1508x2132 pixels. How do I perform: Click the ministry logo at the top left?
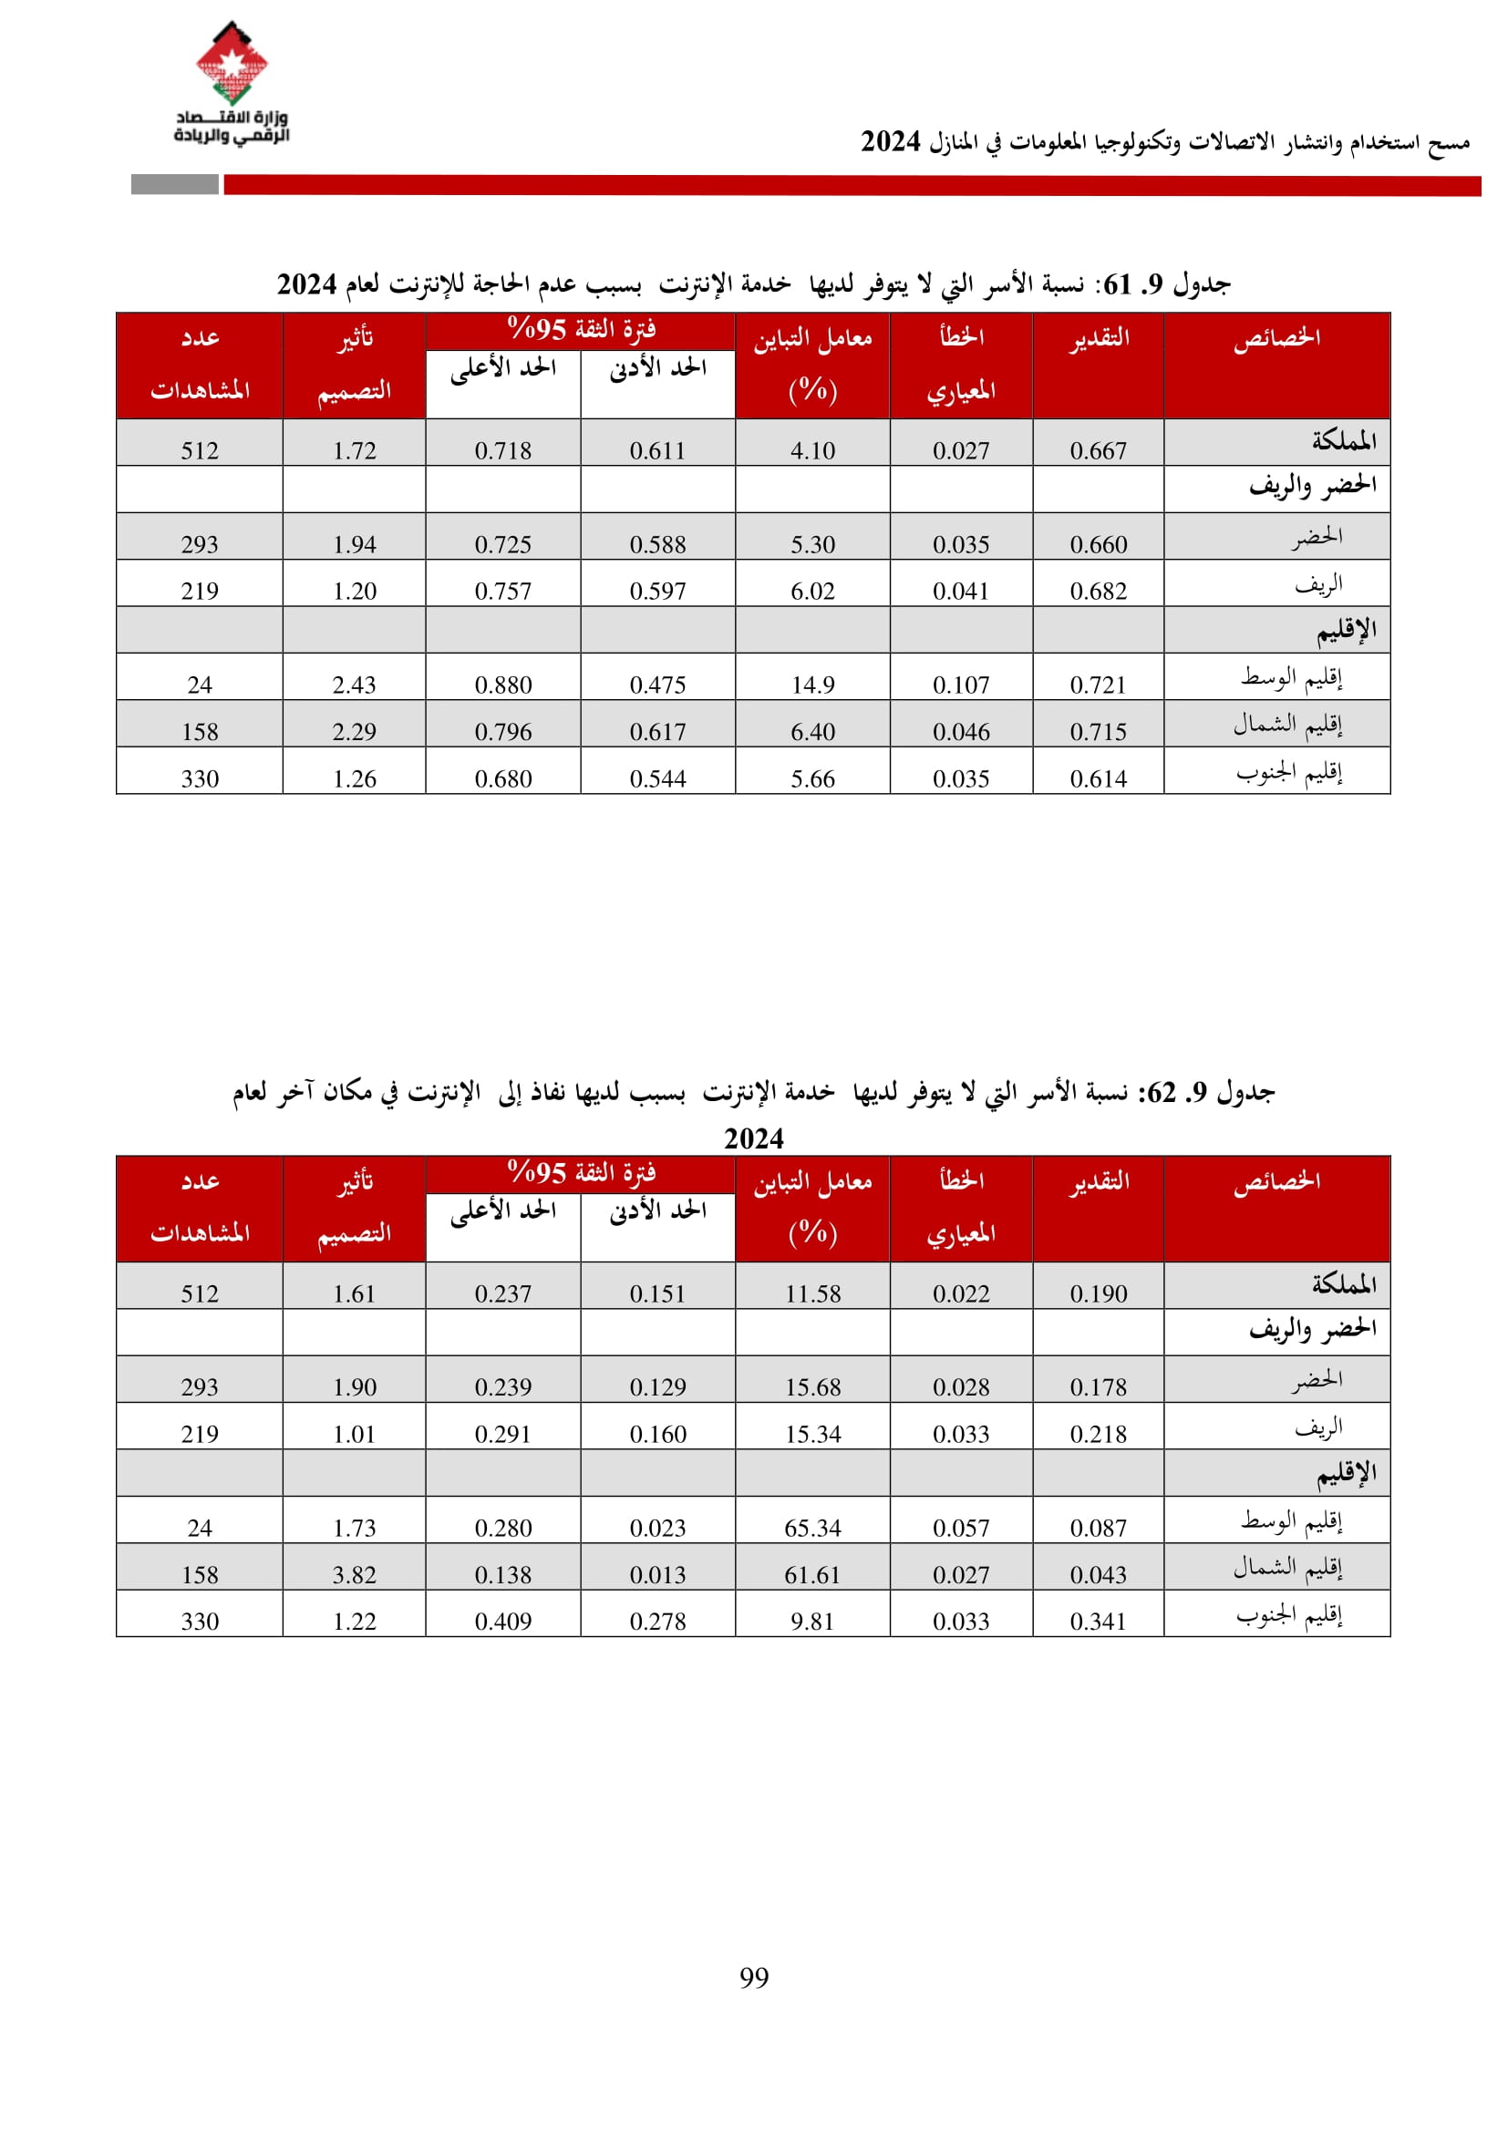click(x=232, y=84)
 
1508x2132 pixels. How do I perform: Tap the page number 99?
click(x=753, y=1977)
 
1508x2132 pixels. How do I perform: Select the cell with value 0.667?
click(x=1098, y=450)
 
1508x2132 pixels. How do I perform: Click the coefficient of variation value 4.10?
click(x=812, y=450)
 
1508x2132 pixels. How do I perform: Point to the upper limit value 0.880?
click(x=503, y=685)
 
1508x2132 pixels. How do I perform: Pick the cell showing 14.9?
click(x=812, y=685)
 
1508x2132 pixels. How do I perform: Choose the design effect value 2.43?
click(x=354, y=685)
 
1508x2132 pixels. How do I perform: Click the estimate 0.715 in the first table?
click(x=1098, y=732)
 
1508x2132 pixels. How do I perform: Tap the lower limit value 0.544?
click(x=657, y=778)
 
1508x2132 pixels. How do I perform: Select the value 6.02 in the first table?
click(x=812, y=591)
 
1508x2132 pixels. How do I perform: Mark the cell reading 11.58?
click(x=812, y=1293)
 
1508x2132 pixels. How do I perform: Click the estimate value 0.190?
click(x=1098, y=1293)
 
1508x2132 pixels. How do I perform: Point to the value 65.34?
click(x=812, y=1528)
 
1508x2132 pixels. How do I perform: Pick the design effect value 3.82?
click(x=354, y=1575)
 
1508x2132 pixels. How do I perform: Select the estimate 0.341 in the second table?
click(x=1098, y=1622)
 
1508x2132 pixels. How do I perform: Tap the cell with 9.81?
click(x=812, y=1622)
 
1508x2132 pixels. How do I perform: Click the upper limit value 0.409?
click(x=503, y=1622)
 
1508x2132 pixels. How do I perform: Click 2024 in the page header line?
click(x=890, y=142)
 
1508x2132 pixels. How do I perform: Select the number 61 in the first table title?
click(x=1117, y=284)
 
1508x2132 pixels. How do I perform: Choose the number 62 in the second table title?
click(x=1161, y=1093)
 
